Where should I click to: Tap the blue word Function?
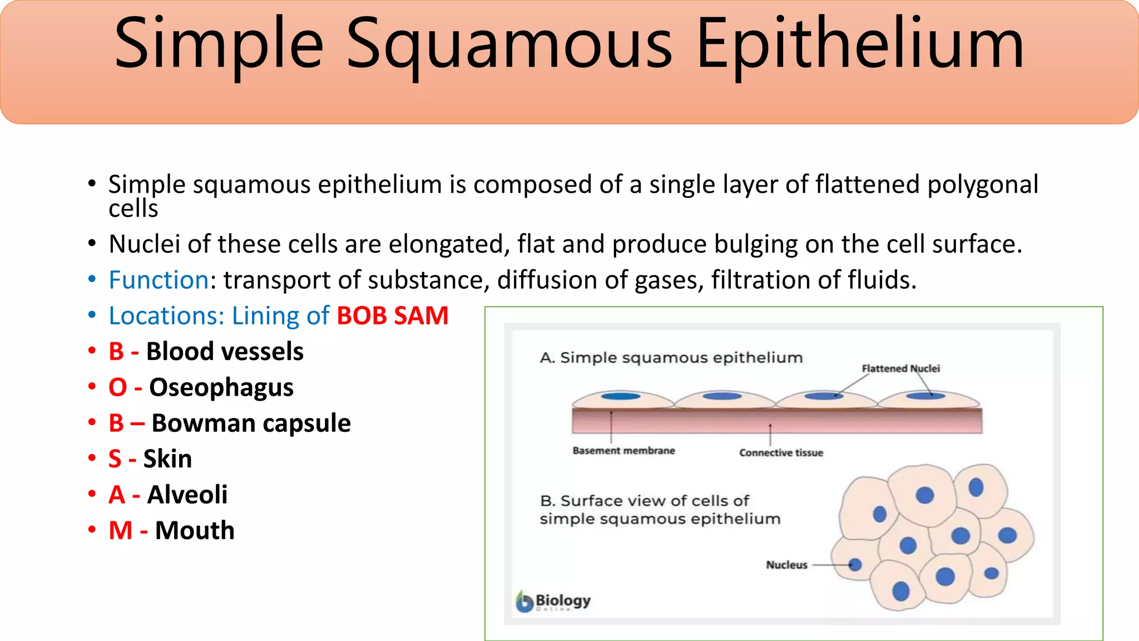pos(159,280)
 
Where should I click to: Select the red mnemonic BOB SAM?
pos(393,316)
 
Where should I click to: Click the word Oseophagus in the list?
pos(221,388)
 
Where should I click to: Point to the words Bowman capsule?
pos(251,423)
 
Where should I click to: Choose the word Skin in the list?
pos(167,459)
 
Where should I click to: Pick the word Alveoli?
pos(187,495)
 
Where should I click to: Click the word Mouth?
pos(195,530)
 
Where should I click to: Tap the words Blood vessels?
pos(225,352)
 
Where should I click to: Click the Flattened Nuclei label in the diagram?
pos(900,368)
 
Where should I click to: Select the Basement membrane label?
pos(623,451)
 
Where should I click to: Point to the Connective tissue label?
pos(781,453)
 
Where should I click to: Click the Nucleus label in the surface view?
pos(786,565)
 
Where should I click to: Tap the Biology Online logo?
pos(553,601)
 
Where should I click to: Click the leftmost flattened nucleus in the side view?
pos(621,396)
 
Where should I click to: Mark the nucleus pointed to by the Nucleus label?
pos(855,565)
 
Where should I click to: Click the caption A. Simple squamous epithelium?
pos(671,358)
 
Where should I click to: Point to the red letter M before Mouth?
pos(120,530)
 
